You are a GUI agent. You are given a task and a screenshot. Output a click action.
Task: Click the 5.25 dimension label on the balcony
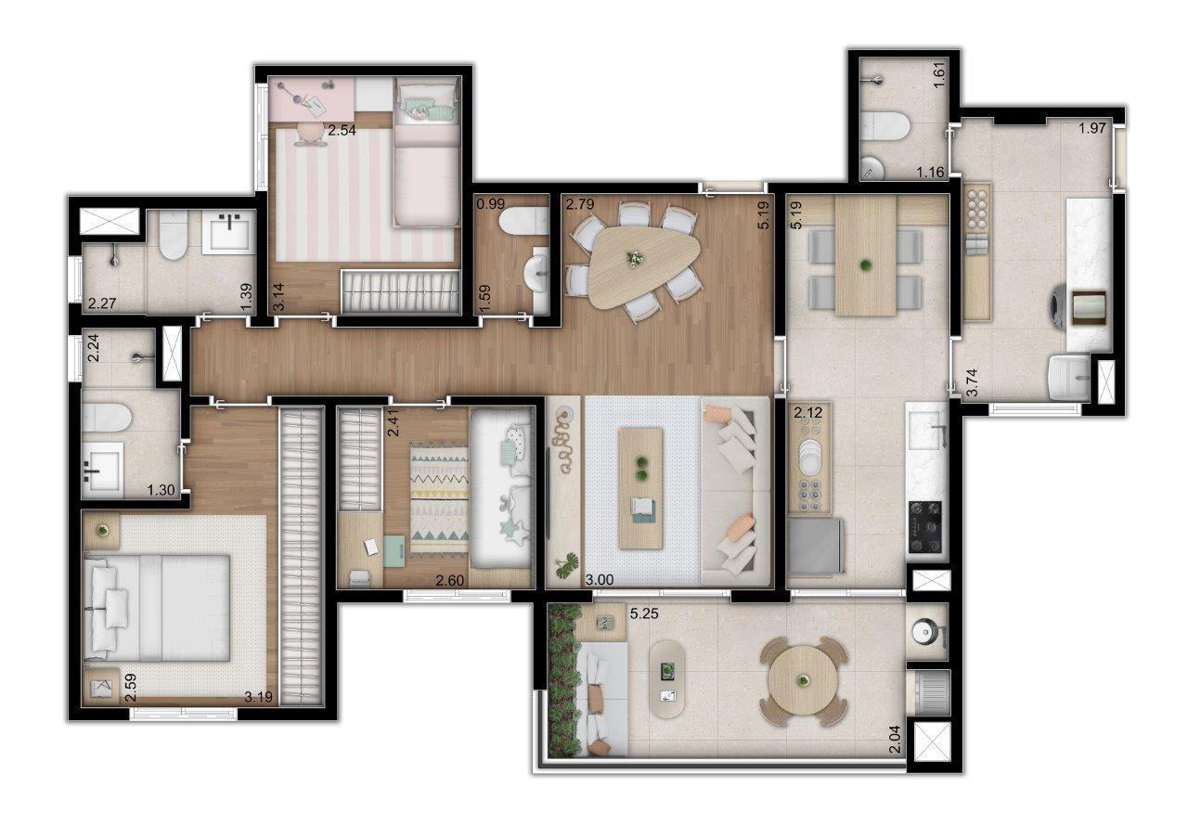pos(644,614)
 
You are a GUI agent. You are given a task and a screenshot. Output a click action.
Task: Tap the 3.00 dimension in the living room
pos(599,580)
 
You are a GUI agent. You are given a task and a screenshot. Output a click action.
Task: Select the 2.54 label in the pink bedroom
pos(342,131)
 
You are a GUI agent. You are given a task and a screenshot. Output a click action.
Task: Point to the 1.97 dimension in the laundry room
pos(1092,128)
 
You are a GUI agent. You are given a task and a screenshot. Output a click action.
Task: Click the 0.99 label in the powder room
pos(491,204)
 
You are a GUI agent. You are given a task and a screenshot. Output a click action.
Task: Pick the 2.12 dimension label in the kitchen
pos(808,412)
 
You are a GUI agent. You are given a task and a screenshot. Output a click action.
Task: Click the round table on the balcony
pos(804,681)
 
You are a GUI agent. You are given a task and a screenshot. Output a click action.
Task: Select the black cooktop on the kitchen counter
pos(925,527)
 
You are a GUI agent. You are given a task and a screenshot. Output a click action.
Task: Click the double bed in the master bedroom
pos(157,608)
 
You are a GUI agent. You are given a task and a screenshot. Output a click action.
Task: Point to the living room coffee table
pos(641,488)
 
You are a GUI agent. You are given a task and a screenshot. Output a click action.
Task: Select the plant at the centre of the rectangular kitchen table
pos(866,265)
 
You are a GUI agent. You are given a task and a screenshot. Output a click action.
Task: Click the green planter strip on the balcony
pos(563,681)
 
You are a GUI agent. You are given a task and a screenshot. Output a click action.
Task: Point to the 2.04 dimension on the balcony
pos(896,741)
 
